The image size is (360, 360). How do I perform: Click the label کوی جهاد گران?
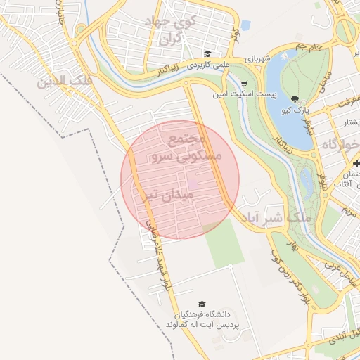pos(172,31)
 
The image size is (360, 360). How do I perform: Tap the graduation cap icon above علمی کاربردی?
pos(207,54)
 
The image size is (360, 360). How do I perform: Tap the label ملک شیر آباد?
pos(275,219)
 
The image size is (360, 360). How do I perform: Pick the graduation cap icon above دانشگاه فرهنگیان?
pos(202,304)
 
